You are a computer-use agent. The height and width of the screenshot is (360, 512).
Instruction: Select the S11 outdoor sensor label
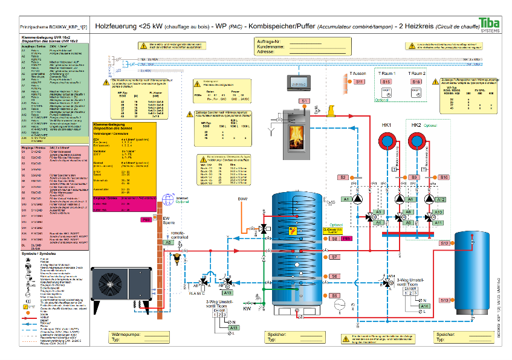[359, 82]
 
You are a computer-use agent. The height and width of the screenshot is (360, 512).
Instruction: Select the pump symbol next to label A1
[358, 199]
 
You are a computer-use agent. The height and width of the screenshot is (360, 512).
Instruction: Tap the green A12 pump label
[441, 199]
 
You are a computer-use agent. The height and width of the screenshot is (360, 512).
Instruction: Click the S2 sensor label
[343, 177]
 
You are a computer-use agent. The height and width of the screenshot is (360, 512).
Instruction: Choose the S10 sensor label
[444, 177]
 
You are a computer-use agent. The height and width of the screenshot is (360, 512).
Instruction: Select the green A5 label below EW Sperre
[169, 242]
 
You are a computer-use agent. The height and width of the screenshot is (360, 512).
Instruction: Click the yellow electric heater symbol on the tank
[293, 231]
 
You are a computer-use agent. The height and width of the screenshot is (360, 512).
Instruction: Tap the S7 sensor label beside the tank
[334, 257]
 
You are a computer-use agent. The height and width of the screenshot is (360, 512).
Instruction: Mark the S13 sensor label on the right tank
[444, 300]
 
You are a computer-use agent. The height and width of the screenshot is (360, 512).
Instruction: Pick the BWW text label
[242, 199]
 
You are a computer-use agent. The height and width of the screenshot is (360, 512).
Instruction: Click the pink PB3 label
[146, 220]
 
